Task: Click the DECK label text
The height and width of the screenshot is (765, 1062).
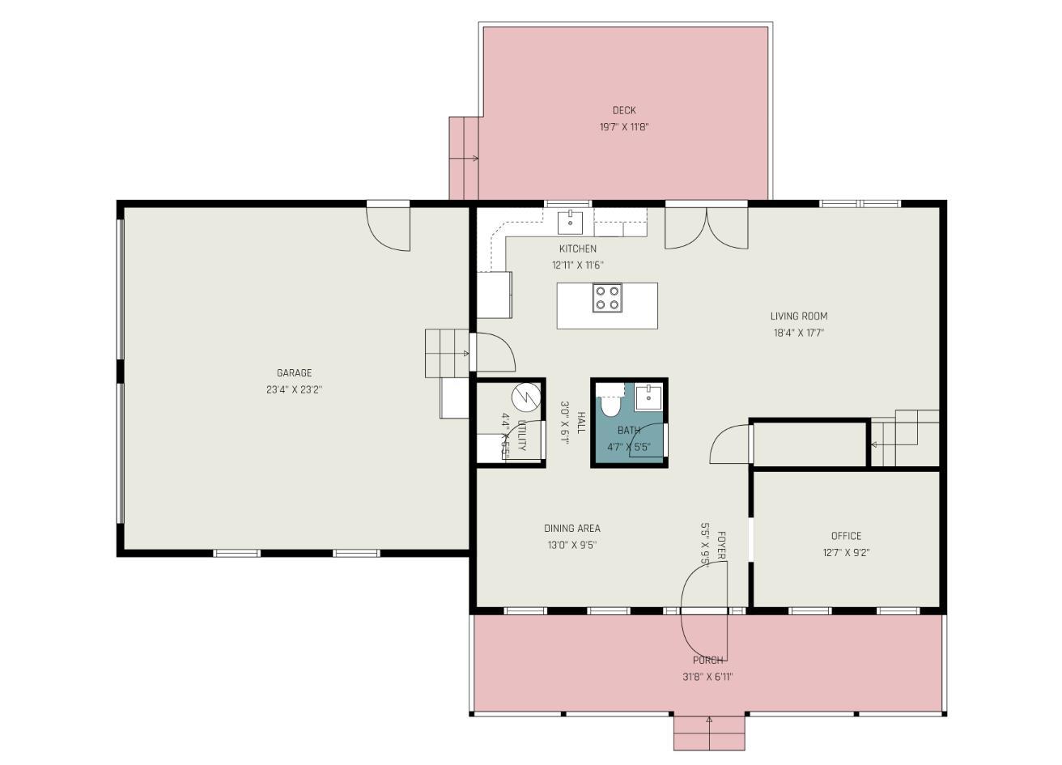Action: [x=623, y=111]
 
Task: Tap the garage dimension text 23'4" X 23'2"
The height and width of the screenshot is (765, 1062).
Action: [x=294, y=389]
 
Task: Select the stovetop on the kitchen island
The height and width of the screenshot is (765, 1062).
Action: [x=607, y=298]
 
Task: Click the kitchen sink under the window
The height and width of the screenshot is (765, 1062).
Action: [x=571, y=221]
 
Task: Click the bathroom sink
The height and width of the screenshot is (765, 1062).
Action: [x=648, y=398]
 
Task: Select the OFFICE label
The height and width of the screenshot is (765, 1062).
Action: [x=846, y=536]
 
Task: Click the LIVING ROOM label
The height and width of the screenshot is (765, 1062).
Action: [x=798, y=317]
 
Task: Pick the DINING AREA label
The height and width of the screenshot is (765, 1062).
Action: [x=571, y=529]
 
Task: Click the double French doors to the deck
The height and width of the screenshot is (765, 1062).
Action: [x=706, y=228]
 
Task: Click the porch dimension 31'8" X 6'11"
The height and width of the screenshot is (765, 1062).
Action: [x=707, y=678]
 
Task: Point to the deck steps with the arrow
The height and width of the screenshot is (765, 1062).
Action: [x=465, y=158]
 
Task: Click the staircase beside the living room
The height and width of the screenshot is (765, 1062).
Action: [x=905, y=438]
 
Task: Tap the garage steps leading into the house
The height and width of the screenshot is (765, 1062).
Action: [x=447, y=353]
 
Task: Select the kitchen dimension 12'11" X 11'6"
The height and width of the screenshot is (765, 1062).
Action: [x=577, y=265]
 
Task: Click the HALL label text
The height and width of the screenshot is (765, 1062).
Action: [x=581, y=423]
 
